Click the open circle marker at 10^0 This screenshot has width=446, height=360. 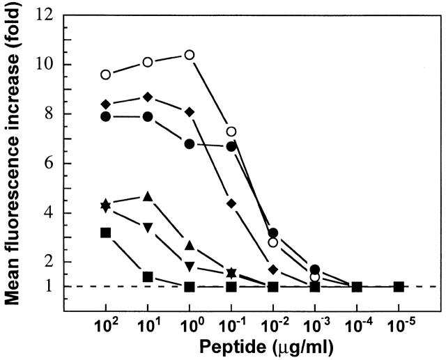(x=189, y=54)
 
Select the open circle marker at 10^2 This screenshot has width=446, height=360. (x=106, y=75)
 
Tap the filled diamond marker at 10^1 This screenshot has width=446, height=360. (x=148, y=97)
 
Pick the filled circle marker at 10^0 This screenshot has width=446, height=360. (x=189, y=143)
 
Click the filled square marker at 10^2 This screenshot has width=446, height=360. (x=106, y=233)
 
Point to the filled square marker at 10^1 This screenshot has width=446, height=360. (x=148, y=276)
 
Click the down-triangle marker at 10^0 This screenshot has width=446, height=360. (x=189, y=266)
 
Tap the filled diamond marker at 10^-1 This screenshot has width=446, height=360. (x=231, y=203)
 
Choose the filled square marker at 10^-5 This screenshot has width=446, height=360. (x=399, y=287)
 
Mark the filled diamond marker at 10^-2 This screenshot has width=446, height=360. (x=273, y=269)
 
